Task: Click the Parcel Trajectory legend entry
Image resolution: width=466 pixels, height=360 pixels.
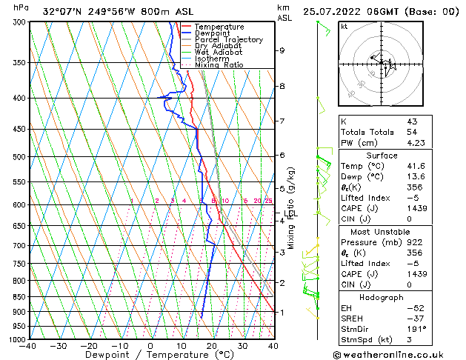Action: point(228,40)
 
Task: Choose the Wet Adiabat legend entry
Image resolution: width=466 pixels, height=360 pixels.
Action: point(222,53)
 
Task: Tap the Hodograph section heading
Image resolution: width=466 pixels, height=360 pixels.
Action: point(383,297)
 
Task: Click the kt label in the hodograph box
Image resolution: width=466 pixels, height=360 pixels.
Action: point(344,26)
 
